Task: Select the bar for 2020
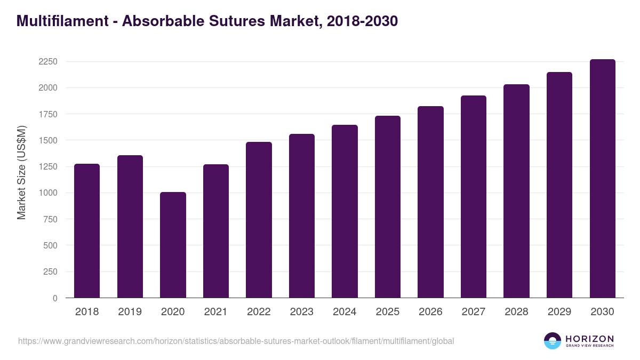coord(173,245)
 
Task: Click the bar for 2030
coord(602,179)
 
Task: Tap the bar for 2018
coord(87,230)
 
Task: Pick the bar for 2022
coord(259,220)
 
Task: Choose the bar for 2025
coord(387,207)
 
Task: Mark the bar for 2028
coord(516,191)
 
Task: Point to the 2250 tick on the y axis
coord(48,61)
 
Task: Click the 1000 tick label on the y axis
coord(48,193)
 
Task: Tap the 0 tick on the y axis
coord(55,298)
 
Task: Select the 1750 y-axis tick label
coord(48,114)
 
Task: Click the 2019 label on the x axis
coord(130,312)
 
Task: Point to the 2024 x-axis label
coord(345,312)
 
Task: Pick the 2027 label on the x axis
coord(473,312)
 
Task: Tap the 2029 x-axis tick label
coord(559,312)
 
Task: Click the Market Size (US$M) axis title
coord(21,172)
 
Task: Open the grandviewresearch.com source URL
coord(236,341)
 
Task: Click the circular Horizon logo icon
coord(553,341)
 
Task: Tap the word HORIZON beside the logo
coord(589,338)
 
